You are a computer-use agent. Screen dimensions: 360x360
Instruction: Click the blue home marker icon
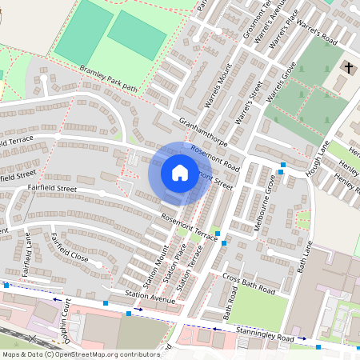coord(180,173)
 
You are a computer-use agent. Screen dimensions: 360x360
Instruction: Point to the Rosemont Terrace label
coord(190,227)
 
